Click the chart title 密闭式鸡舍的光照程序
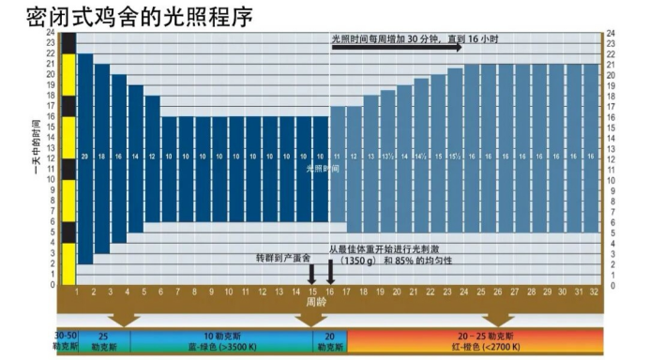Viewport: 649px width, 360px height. pos(140,16)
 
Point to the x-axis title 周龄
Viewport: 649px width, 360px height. pos(316,303)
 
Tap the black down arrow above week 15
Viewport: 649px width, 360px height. pos(312,273)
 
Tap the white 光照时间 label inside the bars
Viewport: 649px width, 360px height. pos(322,169)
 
